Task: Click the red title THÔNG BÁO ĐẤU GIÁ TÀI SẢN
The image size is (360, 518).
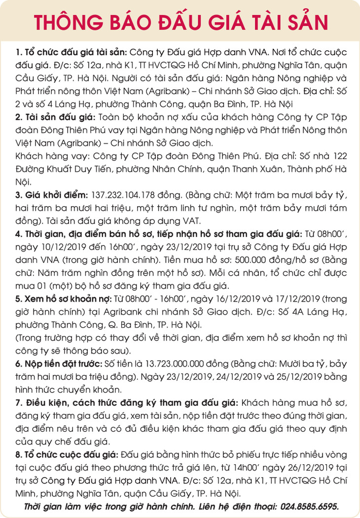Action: pos(180,22)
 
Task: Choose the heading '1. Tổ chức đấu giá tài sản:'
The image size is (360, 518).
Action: pos(72,52)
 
